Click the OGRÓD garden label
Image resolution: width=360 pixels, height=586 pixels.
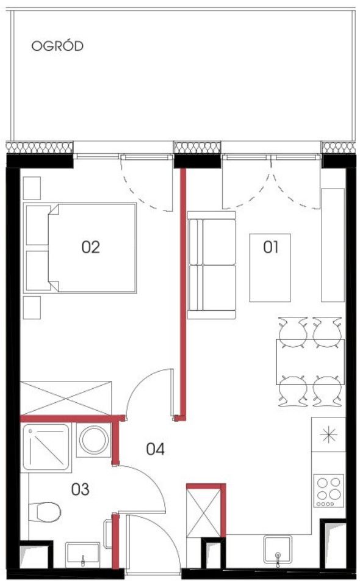tap(57, 46)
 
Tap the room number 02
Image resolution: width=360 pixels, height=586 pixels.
tap(91, 247)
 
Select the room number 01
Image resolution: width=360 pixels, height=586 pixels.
tap(271, 247)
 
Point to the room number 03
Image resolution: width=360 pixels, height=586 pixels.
tap(81, 489)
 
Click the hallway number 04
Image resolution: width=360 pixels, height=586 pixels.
tap(156, 449)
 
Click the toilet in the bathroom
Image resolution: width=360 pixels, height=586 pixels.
tap(45, 512)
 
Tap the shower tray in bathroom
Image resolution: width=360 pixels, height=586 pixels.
tap(46, 447)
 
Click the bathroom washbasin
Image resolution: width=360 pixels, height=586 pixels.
tap(82, 555)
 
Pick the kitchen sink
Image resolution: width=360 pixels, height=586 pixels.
tap(278, 549)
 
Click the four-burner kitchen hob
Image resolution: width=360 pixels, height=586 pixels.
tap(329, 490)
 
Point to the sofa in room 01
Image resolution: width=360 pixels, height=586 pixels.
tap(212, 265)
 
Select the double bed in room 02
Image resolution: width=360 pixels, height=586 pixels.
tap(80, 248)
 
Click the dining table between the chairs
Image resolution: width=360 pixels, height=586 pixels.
tap(310, 362)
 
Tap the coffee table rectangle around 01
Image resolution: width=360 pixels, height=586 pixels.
tap(270, 267)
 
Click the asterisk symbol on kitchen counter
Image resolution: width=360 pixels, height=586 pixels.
tap(329, 435)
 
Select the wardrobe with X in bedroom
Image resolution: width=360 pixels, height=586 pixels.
tap(66, 398)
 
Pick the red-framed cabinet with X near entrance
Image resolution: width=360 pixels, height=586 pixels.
tap(206, 510)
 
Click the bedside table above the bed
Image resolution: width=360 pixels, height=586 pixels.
tap(32, 188)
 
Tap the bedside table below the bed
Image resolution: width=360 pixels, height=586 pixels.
tap(32, 308)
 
